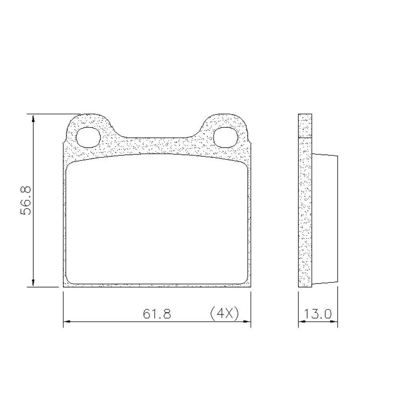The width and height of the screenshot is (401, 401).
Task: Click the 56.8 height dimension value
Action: click(25, 200)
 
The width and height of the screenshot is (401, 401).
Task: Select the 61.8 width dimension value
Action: click(157, 314)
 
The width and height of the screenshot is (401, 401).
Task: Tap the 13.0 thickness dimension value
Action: click(318, 314)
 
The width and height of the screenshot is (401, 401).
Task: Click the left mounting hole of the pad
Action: click(88, 137)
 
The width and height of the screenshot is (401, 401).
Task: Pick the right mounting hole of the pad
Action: click(226, 137)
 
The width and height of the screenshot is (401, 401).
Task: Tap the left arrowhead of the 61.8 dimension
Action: click(67, 321)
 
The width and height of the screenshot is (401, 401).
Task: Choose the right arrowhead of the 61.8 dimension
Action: click(247, 321)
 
